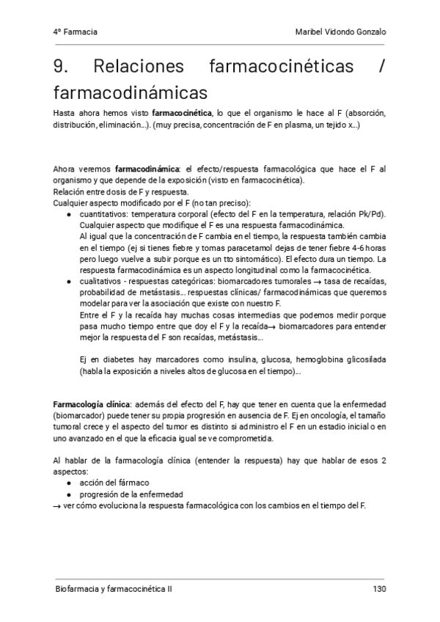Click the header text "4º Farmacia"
pyautogui.click(x=76, y=32)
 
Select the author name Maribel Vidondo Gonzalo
pyautogui.click(x=340, y=32)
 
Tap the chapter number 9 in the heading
pyautogui.click(x=61, y=67)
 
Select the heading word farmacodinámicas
pyautogui.click(x=131, y=93)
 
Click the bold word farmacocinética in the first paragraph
pyautogui.click(x=181, y=114)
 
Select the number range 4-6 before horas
pyautogui.click(x=358, y=248)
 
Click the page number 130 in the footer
pyautogui.click(x=378, y=588)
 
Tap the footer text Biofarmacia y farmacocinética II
pyautogui.click(x=114, y=588)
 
